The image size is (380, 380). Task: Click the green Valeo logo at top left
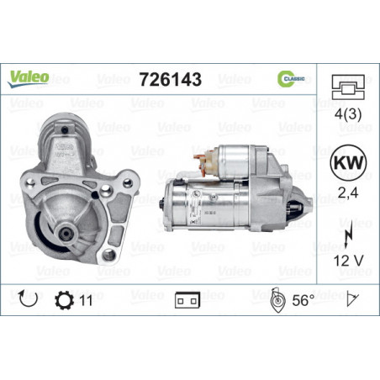tap(28, 79)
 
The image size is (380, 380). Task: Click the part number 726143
tap(171, 79)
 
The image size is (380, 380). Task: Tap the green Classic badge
tap(291, 79)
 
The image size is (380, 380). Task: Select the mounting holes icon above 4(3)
tap(348, 87)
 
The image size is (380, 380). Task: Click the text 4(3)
tap(348, 114)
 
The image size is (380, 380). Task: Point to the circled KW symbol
tap(348, 163)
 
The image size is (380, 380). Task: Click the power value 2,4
tap(348, 193)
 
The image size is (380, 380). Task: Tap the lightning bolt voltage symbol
tap(348, 236)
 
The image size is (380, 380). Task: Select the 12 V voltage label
tap(348, 261)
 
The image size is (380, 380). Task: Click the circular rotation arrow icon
tap(28, 298)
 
